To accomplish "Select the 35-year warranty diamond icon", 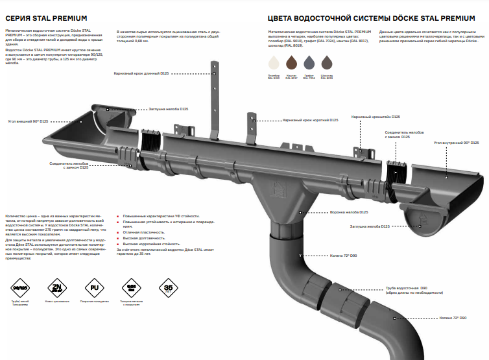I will coord(169,286).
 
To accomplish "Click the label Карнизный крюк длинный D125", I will coord(141,74).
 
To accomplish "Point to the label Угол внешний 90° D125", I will coord(28,121).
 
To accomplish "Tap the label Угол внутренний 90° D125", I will coord(457,141).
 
